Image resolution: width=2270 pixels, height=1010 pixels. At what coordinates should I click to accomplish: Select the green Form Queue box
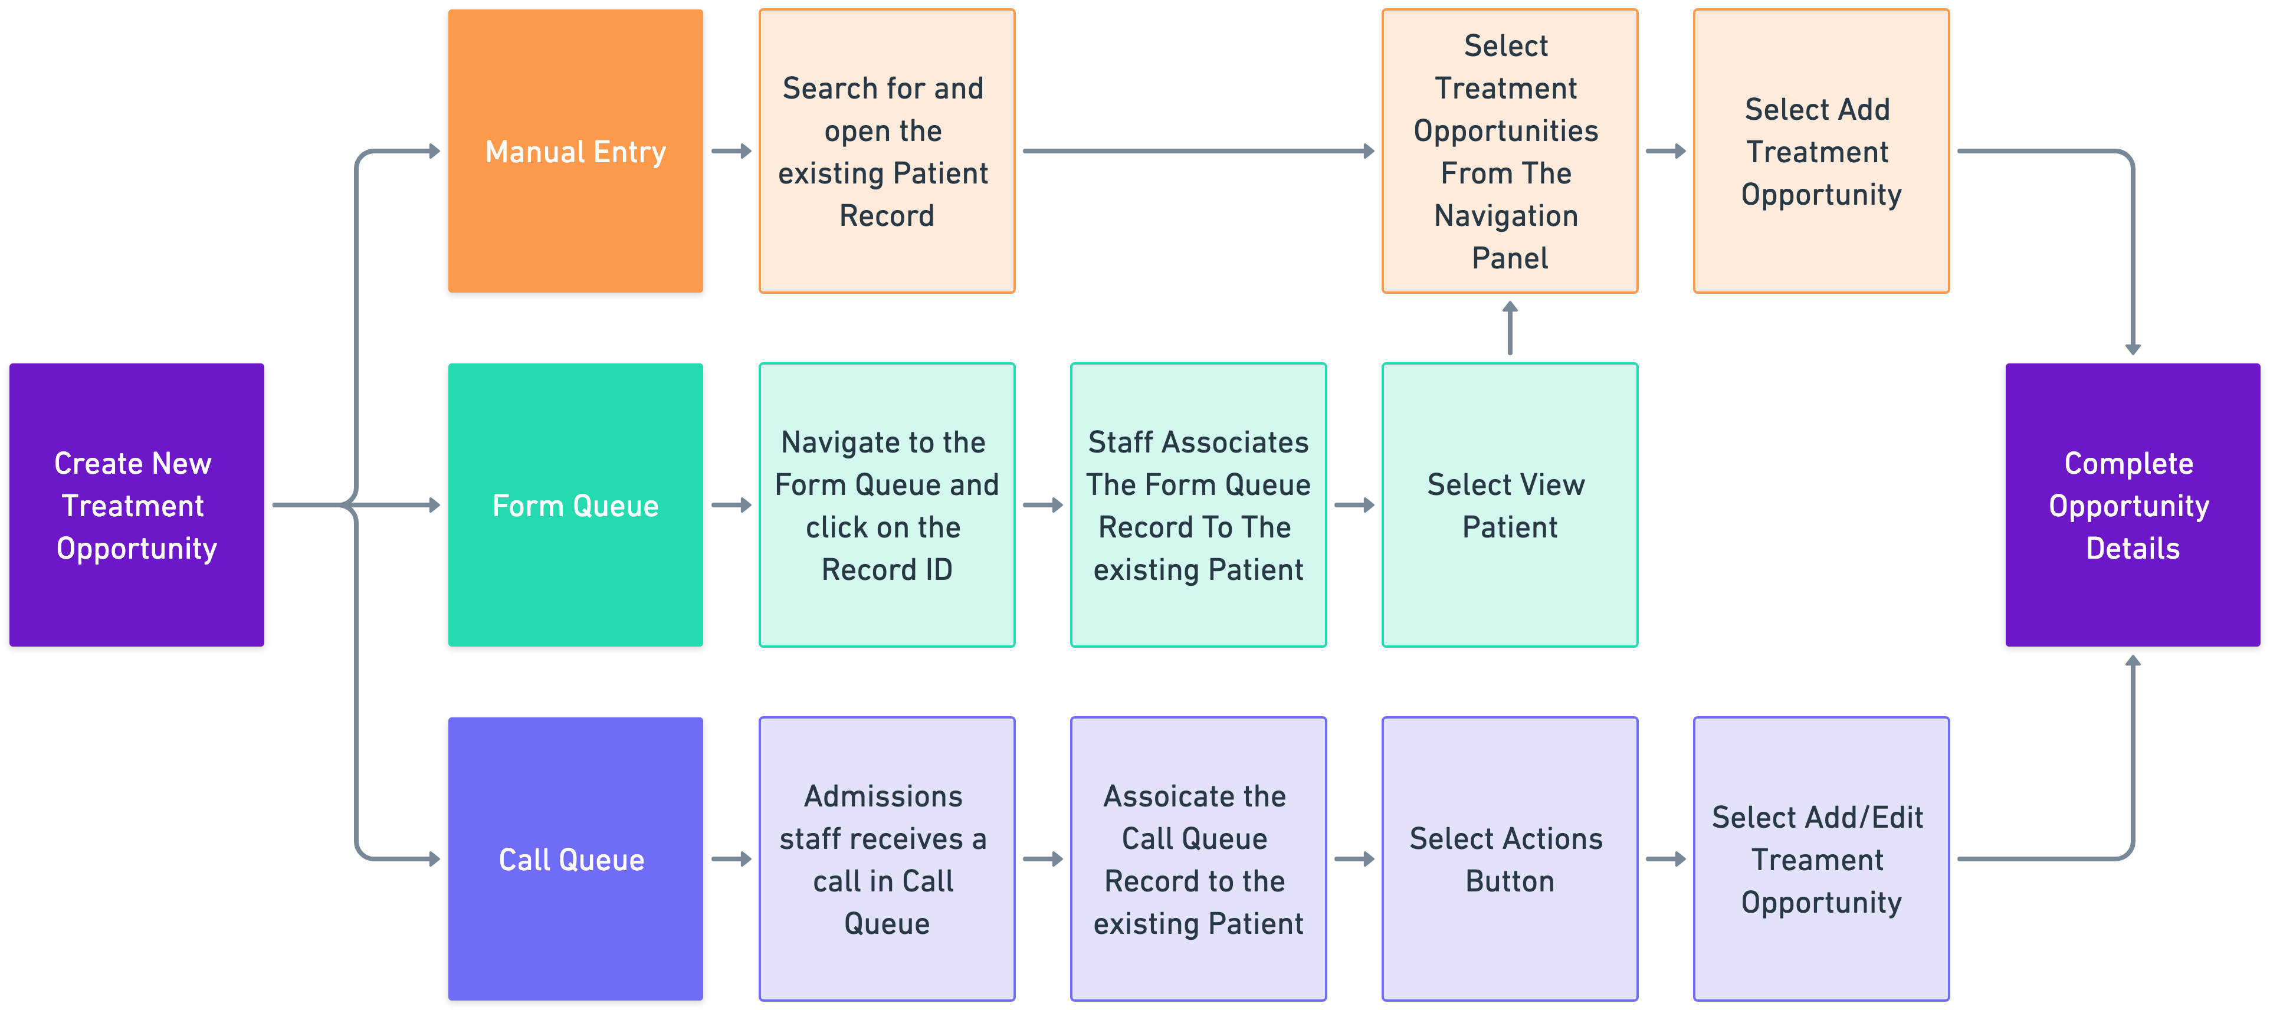[x=575, y=505]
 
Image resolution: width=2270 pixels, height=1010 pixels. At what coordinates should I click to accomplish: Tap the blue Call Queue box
[x=575, y=858]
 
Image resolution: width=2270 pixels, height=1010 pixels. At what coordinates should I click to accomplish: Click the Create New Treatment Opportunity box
[x=137, y=505]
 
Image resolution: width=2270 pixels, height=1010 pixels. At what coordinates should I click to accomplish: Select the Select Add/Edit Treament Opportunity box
[x=1820, y=858]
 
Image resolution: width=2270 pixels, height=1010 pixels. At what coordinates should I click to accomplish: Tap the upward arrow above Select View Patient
[x=1510, y=328]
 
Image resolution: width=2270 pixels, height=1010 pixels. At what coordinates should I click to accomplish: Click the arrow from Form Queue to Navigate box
[x=731, y=505]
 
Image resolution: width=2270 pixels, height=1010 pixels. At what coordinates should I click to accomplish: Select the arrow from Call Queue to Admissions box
[x=731, y=858]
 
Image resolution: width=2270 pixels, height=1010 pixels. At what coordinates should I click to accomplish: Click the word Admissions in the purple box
[x=883, y=796]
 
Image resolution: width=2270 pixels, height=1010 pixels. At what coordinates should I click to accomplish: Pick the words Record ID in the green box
[x=887, y=569]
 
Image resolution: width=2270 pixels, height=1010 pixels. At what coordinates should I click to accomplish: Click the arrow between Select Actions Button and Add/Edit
[x=1665, y=858]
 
